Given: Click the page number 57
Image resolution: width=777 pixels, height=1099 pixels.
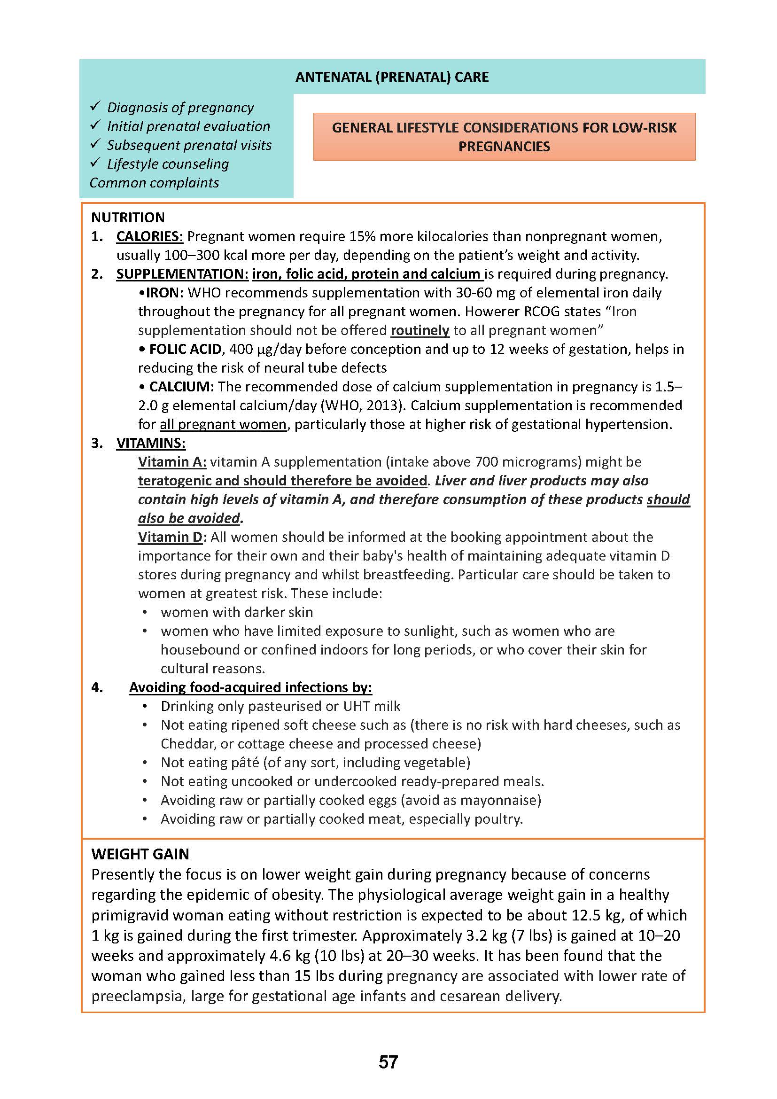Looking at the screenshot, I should pyautogui.click(x=388, y=1062).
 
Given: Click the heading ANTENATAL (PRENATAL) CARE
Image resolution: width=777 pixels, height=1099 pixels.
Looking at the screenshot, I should pyautogui.click(x=392, y=77).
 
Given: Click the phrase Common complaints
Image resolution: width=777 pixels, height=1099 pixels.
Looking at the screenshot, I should pyautogui.click(x=154, y=182).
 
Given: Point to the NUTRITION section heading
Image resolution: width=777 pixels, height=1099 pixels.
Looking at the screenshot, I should pyautogui.click(x=128, y=218).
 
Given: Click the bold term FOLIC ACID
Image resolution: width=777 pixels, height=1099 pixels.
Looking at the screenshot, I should pyautogui.click(x=185, y=349).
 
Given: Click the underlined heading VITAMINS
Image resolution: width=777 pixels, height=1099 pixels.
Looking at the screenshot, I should pyautogui.click(x=151, y=443).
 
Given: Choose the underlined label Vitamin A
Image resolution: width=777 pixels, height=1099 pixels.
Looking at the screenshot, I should pyautogui.click(x=172, y=461).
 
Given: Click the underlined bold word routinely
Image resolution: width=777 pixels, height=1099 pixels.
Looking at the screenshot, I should pyautogui.click(x=420, y=330).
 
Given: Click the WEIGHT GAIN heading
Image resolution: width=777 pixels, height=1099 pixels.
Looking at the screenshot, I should pyautogui.click(x=140, y=853).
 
